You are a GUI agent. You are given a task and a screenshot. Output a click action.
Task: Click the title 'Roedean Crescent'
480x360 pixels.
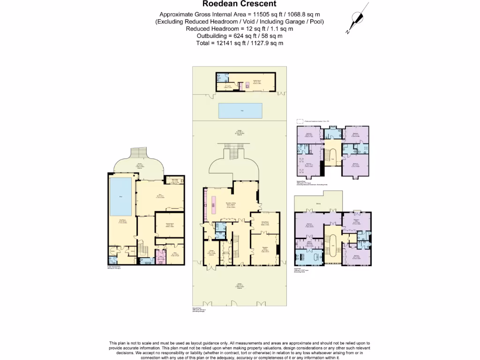[x=240, y=5]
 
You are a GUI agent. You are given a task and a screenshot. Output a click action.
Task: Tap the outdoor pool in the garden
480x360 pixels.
[x=240, y=111]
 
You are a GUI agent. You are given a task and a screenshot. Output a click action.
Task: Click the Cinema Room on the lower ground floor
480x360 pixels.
[x=168, y=226]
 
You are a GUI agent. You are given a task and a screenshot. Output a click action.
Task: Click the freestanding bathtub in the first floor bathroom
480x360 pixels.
[x=310, y=257]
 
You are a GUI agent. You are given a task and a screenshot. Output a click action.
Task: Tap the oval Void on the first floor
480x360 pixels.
[x=333, y=246]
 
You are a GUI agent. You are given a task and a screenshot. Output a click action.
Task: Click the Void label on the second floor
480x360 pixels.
[x=333, y=159]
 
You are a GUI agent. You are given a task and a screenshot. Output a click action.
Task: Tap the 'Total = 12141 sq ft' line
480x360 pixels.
[x=240, y=43]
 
